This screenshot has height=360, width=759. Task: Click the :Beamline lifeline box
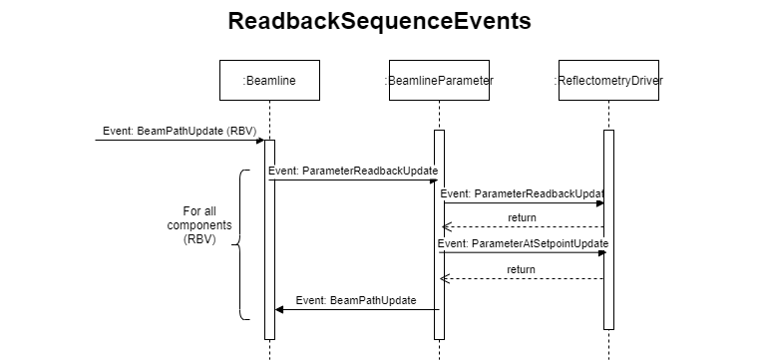point(269,81)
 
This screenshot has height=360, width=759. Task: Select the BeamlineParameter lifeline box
point(439,81)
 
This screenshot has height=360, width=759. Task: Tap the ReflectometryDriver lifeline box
point(608,81)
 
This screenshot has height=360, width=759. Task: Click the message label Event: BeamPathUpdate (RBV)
point(180,132)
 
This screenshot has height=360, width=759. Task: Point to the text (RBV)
point(241,132)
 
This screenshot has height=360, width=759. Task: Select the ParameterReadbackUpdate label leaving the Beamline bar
point(353,172)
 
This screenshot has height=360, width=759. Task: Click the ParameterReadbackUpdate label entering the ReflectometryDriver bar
point(522,193)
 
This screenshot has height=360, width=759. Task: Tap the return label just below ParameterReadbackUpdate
point(522,217)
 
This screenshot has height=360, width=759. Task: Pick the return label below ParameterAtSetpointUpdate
point(521,269)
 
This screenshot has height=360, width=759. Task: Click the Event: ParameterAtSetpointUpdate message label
point(524,243)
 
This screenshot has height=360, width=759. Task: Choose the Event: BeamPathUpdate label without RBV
point(356,300)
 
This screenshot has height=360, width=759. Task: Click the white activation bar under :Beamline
point(269,239)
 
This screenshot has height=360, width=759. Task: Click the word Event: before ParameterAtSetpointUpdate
point(454,243)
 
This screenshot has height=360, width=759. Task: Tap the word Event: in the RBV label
point(119,132)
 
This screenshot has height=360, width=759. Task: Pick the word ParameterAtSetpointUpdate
point(540,243)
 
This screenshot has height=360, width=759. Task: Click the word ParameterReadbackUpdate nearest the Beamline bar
point(370,172)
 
